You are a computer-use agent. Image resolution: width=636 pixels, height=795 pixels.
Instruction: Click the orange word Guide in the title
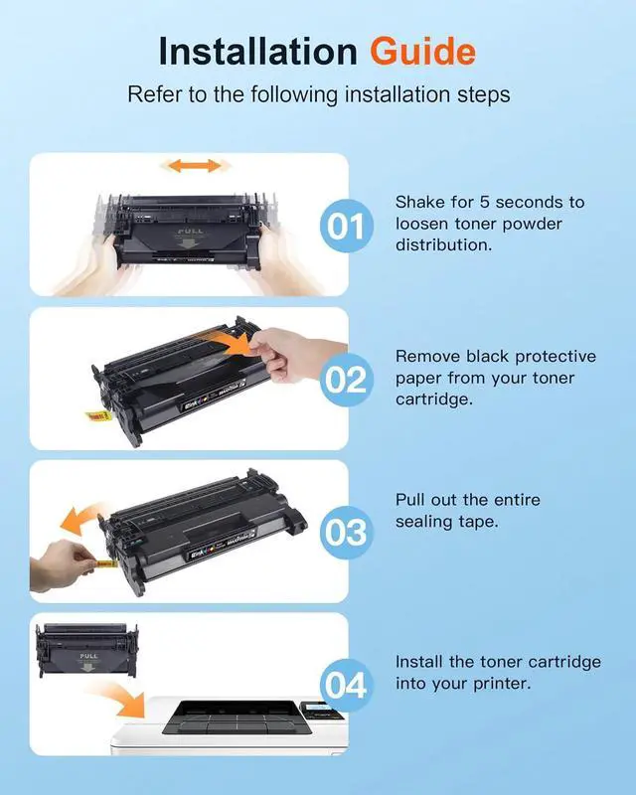(x=422, y=52)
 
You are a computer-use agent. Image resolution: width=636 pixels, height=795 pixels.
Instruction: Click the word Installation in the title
(x=258, y=52)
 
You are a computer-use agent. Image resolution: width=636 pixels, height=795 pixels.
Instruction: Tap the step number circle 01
(x=347, y=226)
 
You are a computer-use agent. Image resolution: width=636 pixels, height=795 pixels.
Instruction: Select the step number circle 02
(x=347, y=380)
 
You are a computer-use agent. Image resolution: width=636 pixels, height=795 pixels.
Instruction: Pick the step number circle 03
(x=347, y=533)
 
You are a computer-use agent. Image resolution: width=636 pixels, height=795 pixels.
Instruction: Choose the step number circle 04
(x=347, y=686)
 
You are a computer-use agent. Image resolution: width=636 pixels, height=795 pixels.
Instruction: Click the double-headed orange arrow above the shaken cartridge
(x=194, y=165)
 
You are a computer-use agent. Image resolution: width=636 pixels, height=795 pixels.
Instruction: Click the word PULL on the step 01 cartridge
(x=191, y=232)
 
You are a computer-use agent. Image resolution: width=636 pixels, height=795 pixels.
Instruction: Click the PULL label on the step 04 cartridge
(x=88, y=656)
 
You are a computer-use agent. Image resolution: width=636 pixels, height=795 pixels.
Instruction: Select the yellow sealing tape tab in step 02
(x=97, y=416)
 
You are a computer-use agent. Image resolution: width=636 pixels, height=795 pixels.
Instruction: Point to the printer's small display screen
(x=314, y=707)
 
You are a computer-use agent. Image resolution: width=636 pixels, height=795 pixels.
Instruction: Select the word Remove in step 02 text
(x=427, y=356)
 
